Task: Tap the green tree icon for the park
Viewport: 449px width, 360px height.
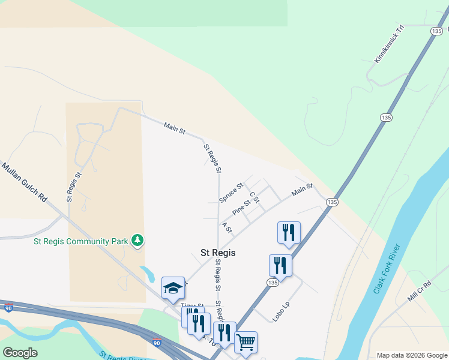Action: point(137,241)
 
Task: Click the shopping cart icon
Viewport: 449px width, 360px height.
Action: point(246,341)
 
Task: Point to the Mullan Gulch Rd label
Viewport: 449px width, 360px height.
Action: point(24,181)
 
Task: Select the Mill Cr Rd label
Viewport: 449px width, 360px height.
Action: point(420,290)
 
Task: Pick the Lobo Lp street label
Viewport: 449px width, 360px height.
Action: point(281,312)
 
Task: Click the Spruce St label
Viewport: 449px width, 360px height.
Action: point(231,193)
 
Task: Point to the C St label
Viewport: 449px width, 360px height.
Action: point(254,197)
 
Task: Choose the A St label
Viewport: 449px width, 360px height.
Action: point(226,227)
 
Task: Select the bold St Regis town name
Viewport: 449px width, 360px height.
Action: point(217,253)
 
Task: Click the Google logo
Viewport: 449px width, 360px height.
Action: point(20,353)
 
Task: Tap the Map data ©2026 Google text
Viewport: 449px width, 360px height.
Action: point(412,355)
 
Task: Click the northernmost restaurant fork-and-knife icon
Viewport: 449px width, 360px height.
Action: point(289,232)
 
